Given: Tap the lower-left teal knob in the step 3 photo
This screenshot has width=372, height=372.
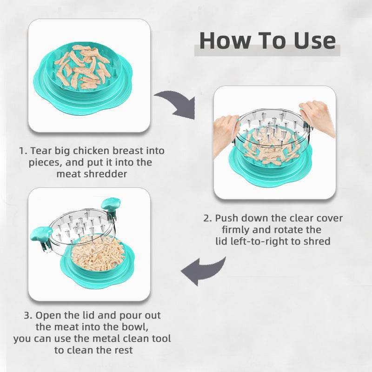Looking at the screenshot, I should [40, 234].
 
